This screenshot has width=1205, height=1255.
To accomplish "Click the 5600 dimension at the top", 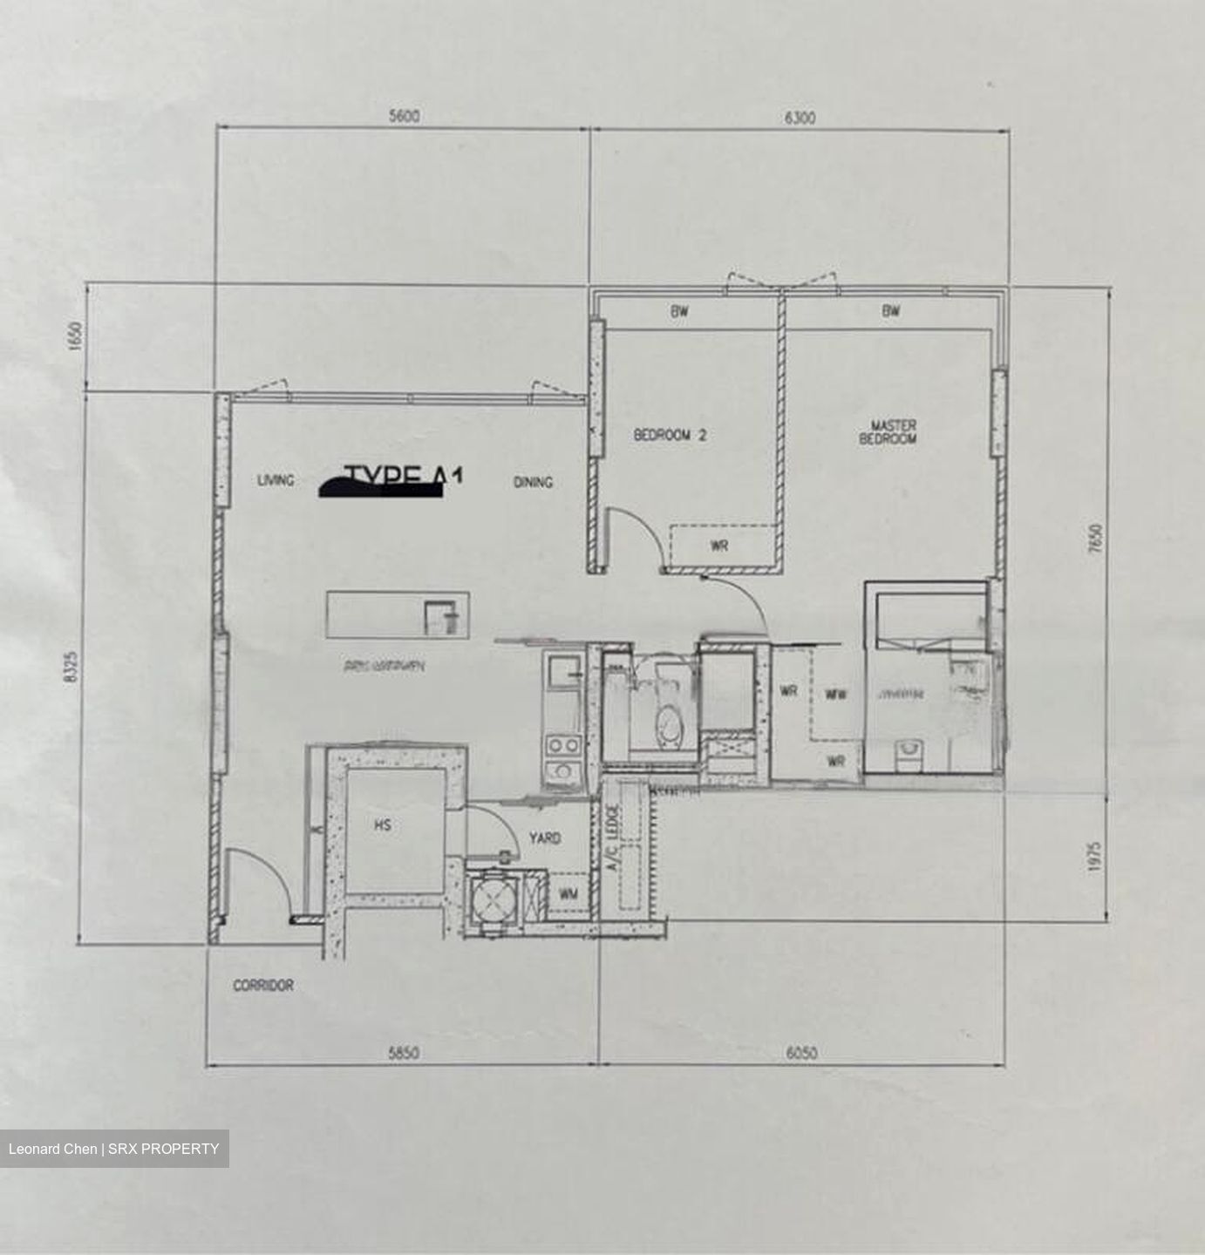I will [402, 117].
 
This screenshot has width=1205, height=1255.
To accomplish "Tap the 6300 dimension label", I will [800, 118].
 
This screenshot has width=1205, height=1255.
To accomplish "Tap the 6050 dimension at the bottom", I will [801, 1053].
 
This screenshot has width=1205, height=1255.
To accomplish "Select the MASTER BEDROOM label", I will [888, 432].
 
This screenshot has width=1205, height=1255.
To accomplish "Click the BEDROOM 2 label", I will [670, 435].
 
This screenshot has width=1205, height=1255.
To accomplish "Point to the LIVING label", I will [276, 480].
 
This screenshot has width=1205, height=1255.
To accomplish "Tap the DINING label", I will [533, 482].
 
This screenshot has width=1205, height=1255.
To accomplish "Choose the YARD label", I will [545, 838].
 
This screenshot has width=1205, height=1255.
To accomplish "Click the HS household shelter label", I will [382, 825].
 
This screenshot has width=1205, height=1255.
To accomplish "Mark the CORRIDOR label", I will [262, 986].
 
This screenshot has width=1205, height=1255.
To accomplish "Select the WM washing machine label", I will [568, 894].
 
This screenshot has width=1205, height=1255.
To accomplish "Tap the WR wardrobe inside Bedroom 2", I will [719, 546].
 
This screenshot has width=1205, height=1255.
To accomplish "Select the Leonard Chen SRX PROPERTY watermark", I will [114, 1149].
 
